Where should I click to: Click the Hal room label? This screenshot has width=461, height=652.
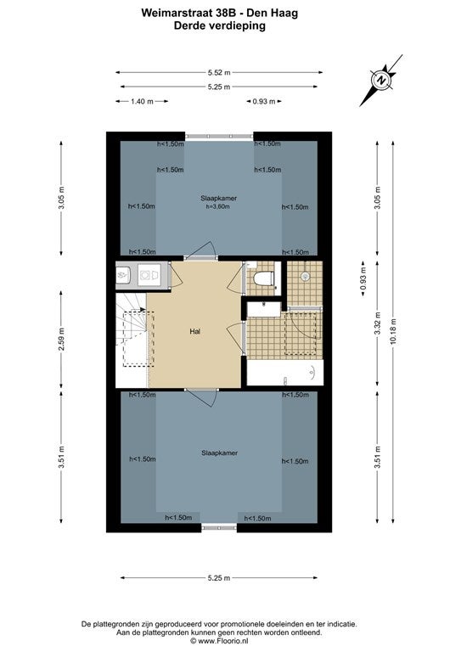point(195,331)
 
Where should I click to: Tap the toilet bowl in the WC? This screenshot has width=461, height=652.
point(264,278)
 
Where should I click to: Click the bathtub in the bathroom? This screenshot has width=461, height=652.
point(284,373)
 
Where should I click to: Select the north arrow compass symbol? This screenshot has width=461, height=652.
point(381,80)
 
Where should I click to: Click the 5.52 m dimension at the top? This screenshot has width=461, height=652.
point(219,72)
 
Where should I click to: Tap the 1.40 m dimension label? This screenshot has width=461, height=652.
point(142,101)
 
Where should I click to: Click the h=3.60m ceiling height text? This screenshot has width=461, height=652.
point(218,206)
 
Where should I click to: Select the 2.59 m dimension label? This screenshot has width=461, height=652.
point(61,340)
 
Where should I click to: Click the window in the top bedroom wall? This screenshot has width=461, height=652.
point(219,136)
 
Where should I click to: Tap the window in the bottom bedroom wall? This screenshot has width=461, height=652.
point(219,528)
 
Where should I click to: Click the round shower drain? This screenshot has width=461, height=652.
point(306,275)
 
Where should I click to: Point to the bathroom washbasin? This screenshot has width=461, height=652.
point(264,310)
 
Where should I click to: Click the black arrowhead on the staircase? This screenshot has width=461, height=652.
point(143,309)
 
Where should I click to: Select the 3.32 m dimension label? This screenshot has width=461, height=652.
point(378,323)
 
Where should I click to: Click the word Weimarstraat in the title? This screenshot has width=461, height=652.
point(177,13)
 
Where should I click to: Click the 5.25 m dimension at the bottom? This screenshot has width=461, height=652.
point(219,577)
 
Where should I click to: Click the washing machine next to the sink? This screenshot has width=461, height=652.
point(150,275)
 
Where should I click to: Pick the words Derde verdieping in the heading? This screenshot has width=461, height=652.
point(220,25)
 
